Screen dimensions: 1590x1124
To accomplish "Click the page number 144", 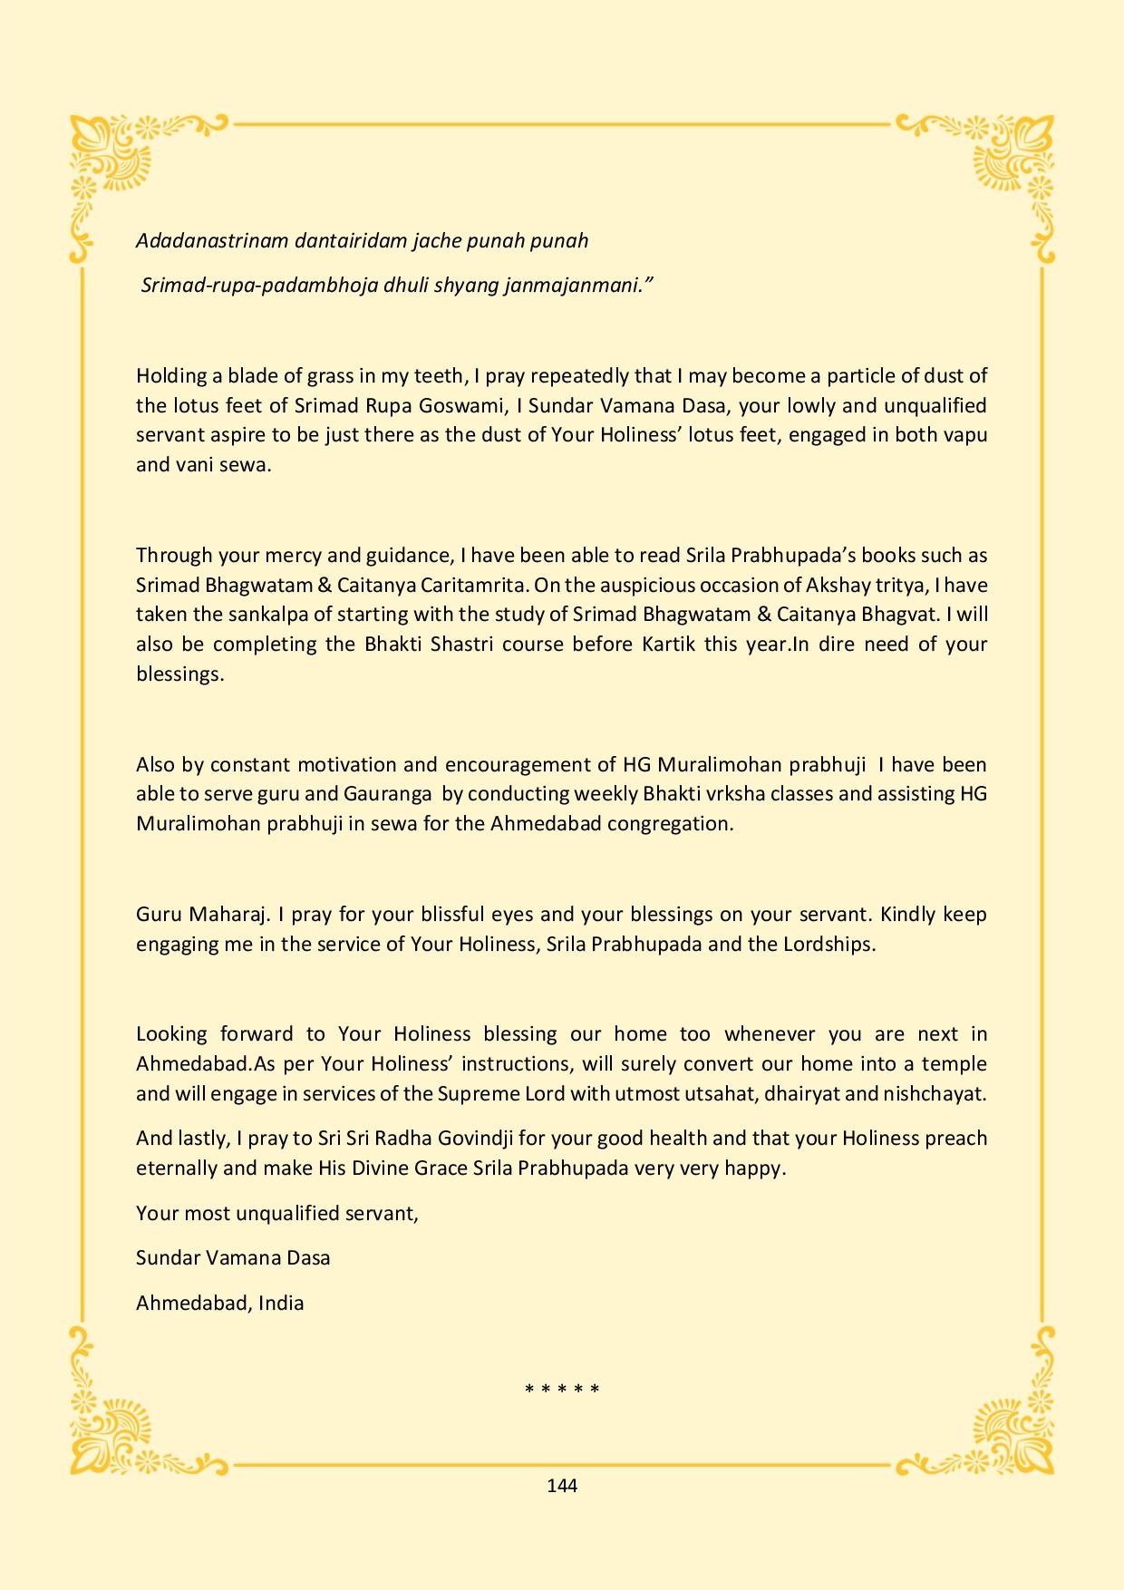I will [562, 1485].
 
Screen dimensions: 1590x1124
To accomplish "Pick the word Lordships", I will [828, 944].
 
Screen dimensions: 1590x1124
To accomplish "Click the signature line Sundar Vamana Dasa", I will [233, 1258].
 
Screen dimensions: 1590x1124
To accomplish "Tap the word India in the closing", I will [281, 1304].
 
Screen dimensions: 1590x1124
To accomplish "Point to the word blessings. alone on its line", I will [179, 674].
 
